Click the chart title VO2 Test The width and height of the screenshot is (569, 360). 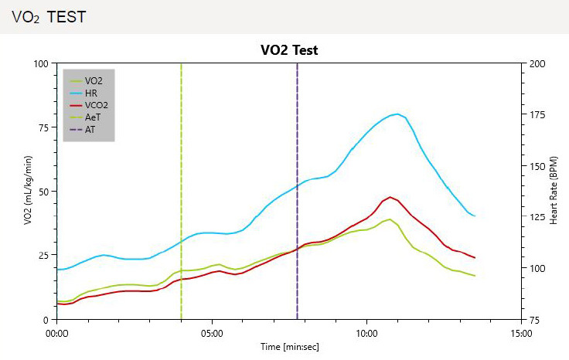289,49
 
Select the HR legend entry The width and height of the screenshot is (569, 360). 90,93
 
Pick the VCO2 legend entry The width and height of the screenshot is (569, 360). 96,105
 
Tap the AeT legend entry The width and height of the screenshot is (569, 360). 93,117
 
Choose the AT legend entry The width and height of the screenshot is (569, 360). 90,129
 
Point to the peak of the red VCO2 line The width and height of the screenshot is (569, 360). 390,197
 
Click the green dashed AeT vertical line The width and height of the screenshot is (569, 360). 181,193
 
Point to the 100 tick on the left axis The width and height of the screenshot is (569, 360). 39,63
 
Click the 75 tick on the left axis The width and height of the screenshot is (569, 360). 42,127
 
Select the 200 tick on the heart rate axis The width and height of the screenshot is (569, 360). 537,63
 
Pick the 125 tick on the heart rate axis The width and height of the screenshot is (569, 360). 537,217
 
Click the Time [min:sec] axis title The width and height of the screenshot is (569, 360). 289,347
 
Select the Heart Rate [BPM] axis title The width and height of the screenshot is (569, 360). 554,191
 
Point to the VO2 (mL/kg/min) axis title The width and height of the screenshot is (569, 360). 28,191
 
